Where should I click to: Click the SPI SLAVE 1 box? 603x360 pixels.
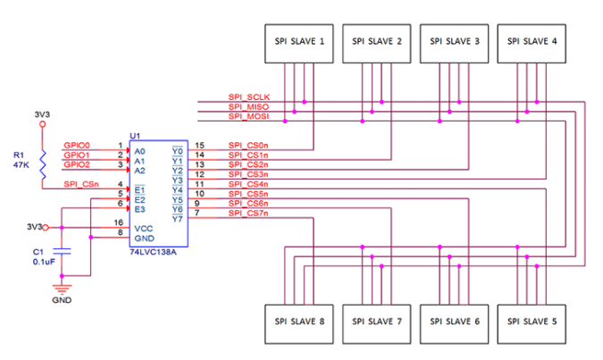[x=297, y=41]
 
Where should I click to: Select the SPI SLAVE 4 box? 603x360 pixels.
[x=531, y=41]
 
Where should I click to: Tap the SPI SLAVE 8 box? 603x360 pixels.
[x=297, y=321]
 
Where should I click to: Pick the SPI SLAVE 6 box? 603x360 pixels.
[x=453, y=321]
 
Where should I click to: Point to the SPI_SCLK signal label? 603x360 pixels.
[x=249, y=97]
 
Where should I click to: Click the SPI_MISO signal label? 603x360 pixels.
[x=248, y=107]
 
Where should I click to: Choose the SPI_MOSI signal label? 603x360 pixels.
[x=248, y=116]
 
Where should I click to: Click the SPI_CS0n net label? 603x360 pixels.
[x=248, y=146]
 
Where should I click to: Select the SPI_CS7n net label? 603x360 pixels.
[x=248, y=213]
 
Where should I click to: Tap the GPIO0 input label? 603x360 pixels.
[x=77, y=146]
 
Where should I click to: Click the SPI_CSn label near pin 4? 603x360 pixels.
[x=80, y=184]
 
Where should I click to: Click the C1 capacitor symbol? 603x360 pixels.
[x=62, y=253]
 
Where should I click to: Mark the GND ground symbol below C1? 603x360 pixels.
[x=62, y=289]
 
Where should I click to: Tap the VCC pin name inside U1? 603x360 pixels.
[x=144, y=228]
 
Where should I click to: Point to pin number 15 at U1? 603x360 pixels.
[x=200, y=146]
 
